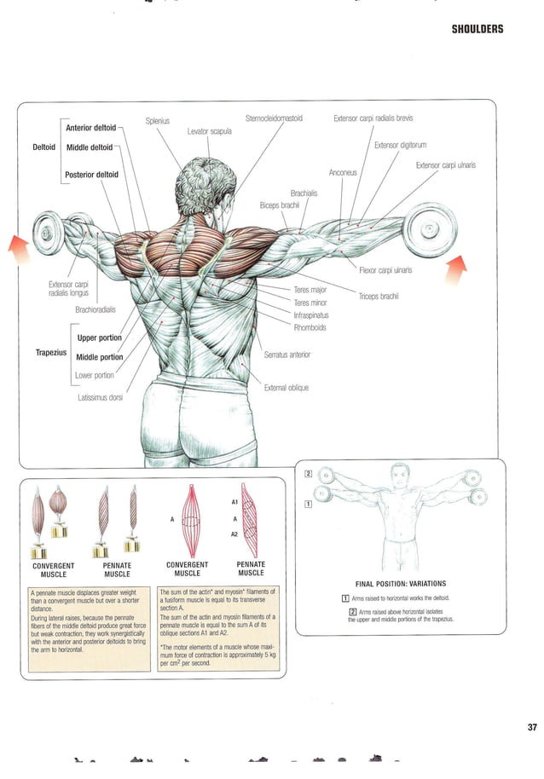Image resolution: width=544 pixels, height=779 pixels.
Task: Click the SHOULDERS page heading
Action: [x=477, y=29]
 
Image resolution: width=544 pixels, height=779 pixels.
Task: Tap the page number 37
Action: [x=508, y=727]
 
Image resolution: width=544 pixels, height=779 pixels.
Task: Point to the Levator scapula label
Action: [x=210, y=130]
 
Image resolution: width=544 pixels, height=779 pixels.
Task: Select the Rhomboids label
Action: [x=310, y=327]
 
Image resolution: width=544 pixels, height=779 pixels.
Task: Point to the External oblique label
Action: [x=286, y=388]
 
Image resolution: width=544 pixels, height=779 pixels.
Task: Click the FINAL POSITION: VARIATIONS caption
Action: [x=400, y=584]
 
